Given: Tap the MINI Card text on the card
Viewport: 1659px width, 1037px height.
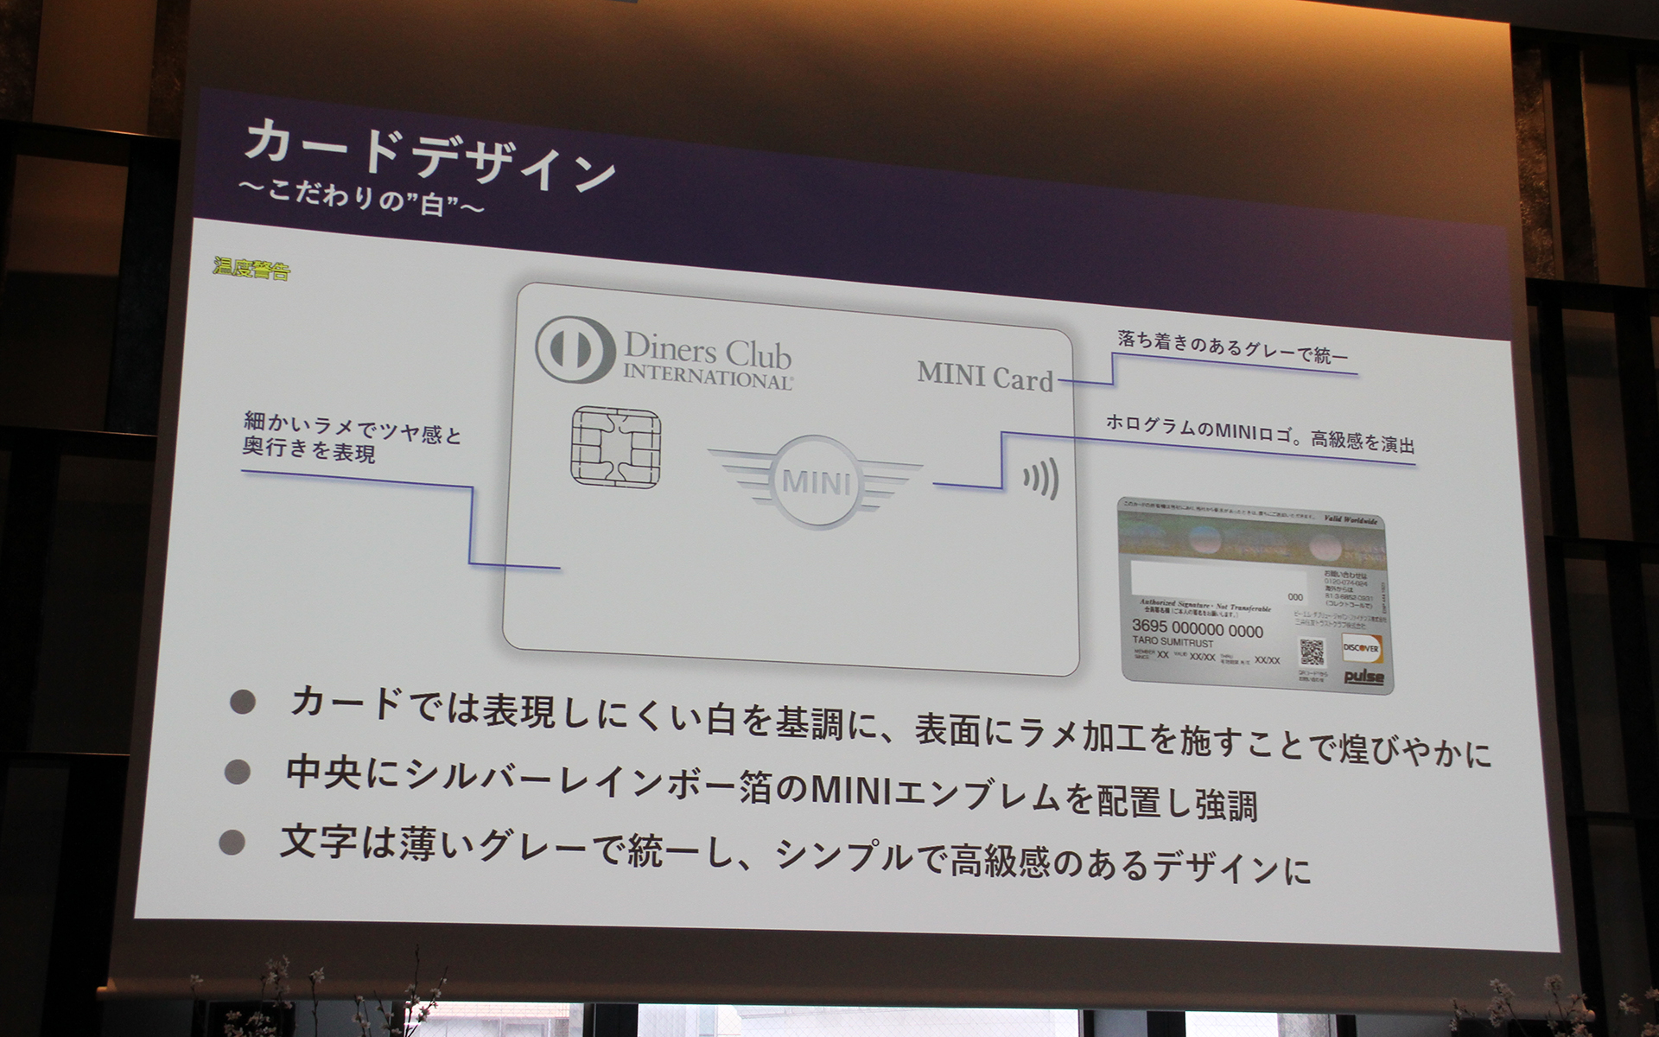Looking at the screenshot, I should [985, 377].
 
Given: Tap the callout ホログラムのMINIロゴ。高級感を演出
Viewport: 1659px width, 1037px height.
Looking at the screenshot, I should [1260, 434].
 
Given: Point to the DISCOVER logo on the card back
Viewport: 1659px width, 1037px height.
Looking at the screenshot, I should [1361, 647].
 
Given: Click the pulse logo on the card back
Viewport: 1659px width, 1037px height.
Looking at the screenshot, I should [1363, 677].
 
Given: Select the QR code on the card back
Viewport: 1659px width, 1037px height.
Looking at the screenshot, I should [1312, 651].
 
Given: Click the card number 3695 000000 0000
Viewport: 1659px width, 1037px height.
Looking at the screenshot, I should [1197, 629].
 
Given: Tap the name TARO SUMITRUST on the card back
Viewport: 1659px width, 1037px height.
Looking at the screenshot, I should [1173, 643].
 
